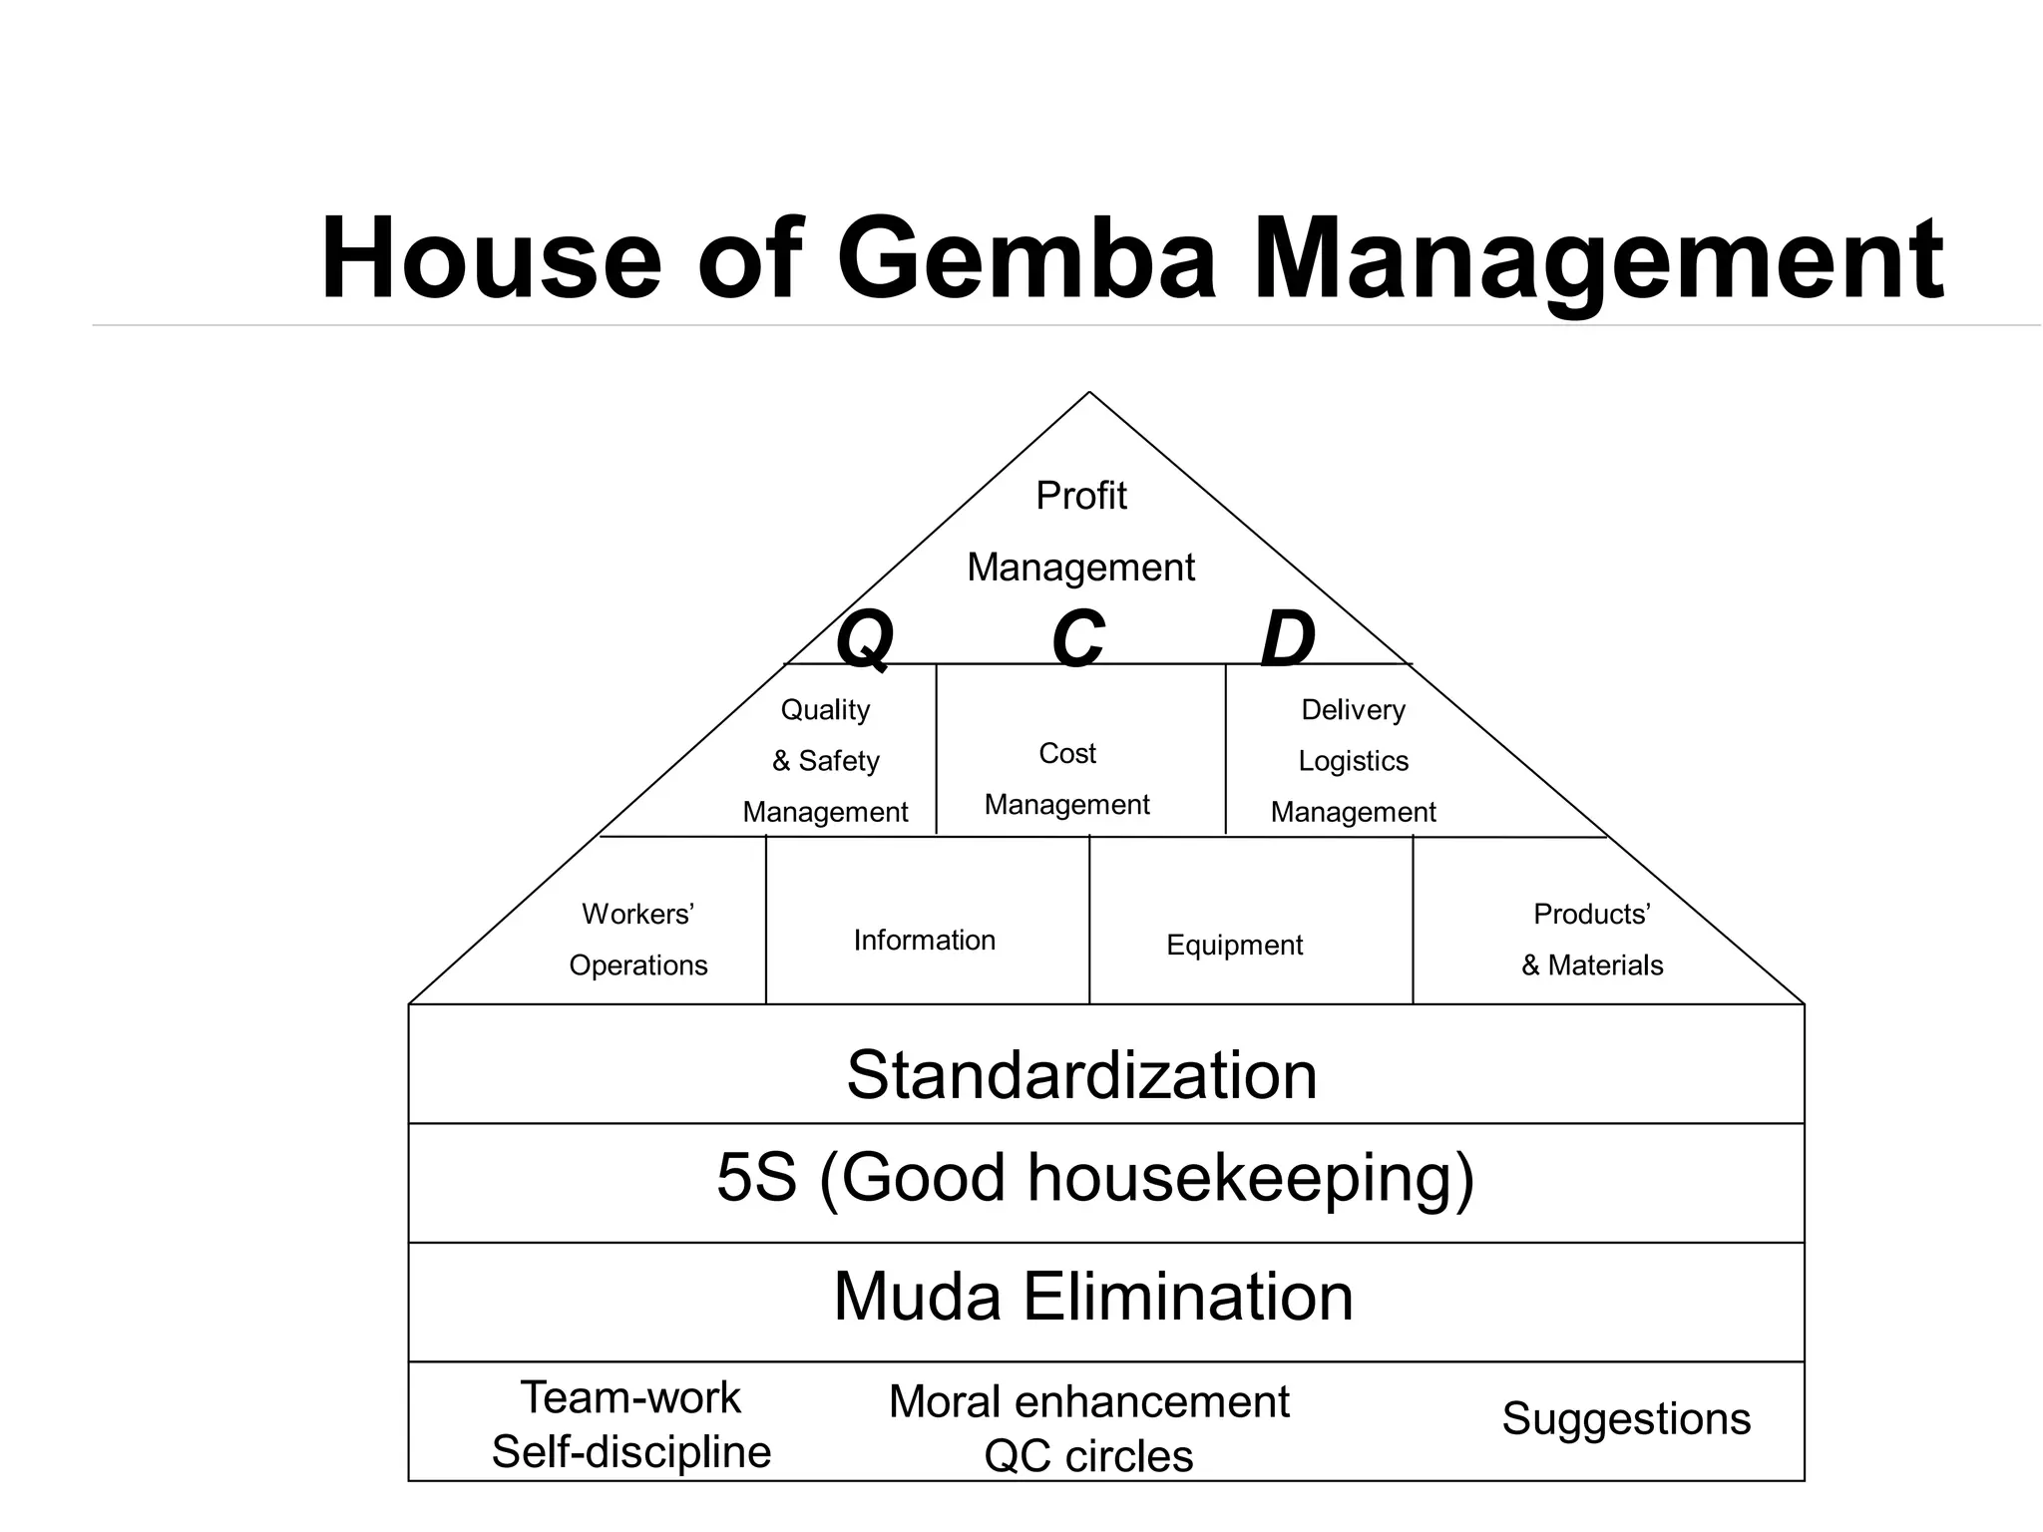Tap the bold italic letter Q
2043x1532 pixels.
864,640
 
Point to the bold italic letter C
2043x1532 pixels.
1078,638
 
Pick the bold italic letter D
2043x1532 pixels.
1288,638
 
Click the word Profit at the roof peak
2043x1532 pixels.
1080,496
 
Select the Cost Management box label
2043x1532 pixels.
1066,779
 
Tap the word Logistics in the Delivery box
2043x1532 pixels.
1353,761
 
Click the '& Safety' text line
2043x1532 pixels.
825,761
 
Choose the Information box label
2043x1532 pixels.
924,940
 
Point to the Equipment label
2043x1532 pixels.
1234,945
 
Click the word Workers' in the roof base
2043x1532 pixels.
637,914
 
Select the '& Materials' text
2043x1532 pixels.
1592,965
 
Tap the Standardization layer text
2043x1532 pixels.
1081,1075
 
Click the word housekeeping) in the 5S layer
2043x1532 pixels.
1251,1178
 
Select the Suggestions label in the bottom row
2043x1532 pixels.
1626,1418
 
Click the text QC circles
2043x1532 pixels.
1088,1456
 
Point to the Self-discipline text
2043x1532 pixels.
631,1452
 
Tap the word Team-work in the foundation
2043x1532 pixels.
630,1397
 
